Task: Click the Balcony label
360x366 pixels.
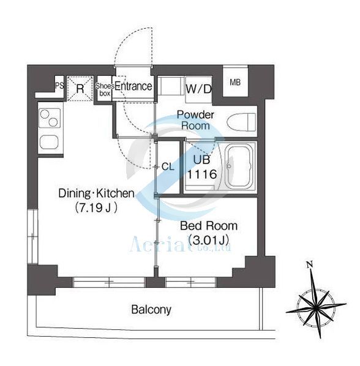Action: [x=151, y=310]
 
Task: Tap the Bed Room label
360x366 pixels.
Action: [x=208, y=226]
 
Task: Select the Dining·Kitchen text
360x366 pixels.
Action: [x=96, y=194]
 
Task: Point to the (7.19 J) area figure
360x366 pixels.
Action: [x=96, y=207]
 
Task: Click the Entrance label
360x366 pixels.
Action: [x=133, y=86]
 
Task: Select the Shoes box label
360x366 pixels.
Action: [x=103, y=89]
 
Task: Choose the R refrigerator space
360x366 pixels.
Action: [x=80, y=88]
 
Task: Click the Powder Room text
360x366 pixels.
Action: [x=195, y=120]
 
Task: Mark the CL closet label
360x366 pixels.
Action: [x=168, y=166]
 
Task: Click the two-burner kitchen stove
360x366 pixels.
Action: [x=48, y=117]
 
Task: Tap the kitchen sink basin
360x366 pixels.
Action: [x=48, y=142]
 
